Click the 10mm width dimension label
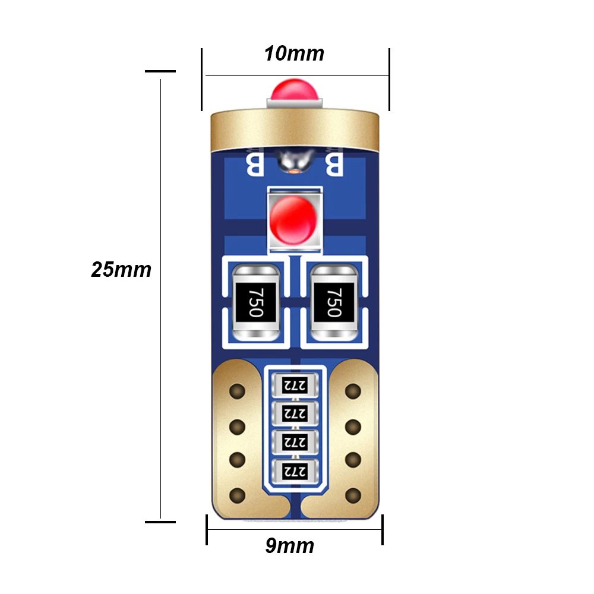[x=294, y=53]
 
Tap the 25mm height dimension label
[x=121, y=270]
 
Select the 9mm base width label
[x=290, y=546]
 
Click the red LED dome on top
[x=295, y=90]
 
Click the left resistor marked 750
[x=255, y=302]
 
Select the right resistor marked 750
[x=334, y=302]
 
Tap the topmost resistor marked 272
[x=295, y=386]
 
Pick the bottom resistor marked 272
[x=295, y=472]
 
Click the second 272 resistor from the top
[x=295, y=413]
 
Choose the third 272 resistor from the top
[x=295, y=442]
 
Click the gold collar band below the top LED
[x=295, y=129]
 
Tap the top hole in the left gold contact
[x=238, y=391]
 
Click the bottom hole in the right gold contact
[x=353, y=495]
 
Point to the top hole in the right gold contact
[x=353, y=391]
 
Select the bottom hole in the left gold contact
[x=238, y=495]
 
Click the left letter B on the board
[x=255, y=165]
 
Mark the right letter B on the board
[x=334, y=165]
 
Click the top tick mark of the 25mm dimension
[x=160, y=71]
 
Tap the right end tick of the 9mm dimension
[x=383, y=530]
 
